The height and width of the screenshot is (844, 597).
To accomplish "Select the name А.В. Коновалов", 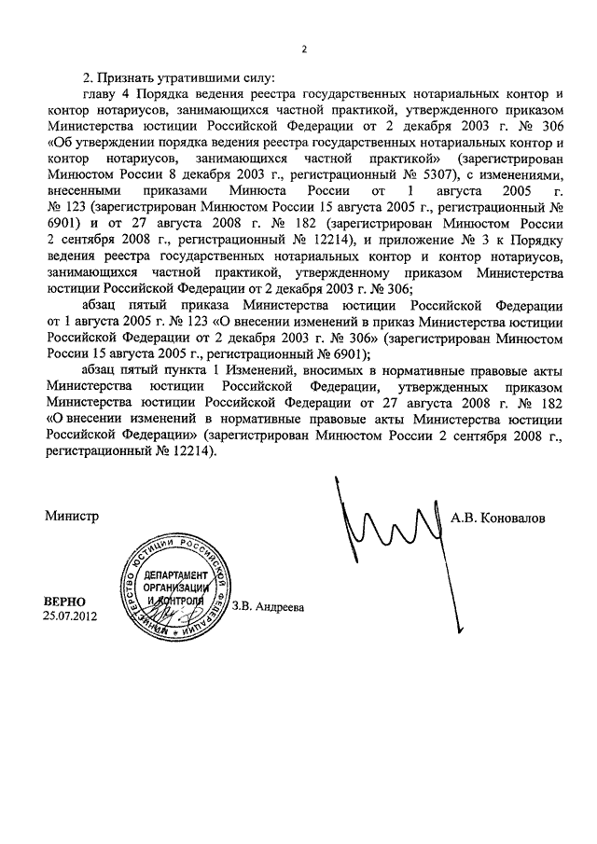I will tap(498, 516).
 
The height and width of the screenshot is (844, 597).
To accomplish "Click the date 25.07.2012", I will tap(68, 616).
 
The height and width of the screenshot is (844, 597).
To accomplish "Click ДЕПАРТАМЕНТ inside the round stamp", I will tap(174, 575).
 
